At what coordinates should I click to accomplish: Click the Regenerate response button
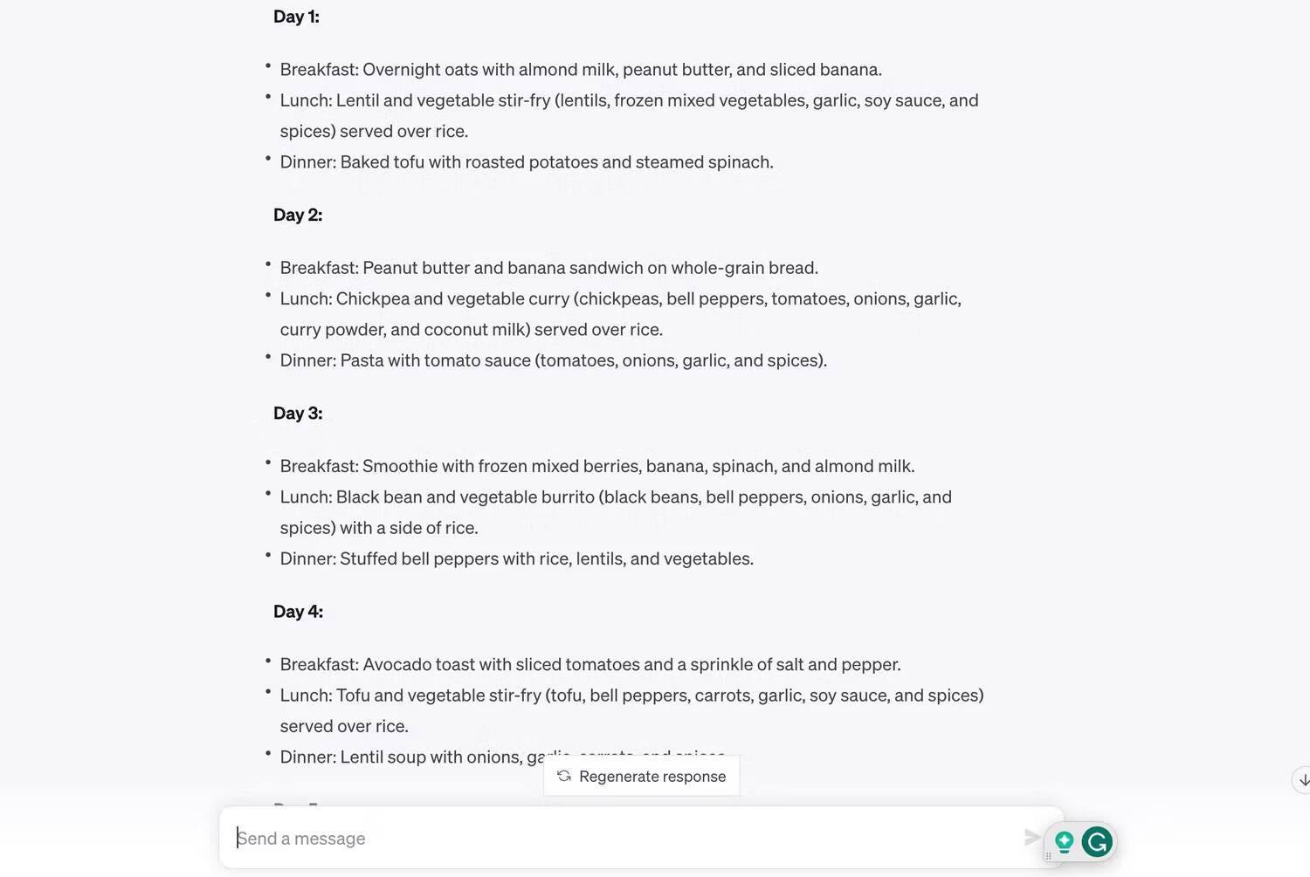point(642,776)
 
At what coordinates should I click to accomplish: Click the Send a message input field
point(611,838)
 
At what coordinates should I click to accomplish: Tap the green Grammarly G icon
point(1097,841)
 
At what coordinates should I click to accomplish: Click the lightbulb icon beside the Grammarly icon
point(1064,841)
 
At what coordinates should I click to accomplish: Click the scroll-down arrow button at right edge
point(1302,779)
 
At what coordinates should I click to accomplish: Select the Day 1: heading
point(296,17)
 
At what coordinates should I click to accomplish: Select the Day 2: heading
point(298,215)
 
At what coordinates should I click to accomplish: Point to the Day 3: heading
point(298,413)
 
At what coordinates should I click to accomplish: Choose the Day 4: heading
point(298,611)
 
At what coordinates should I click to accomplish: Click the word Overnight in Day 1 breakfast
point(401,70)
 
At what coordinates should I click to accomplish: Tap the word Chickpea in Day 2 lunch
point(372,298)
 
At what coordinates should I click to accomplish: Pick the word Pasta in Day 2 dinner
point(362,360)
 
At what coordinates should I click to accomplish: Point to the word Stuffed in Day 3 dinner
point(369,558)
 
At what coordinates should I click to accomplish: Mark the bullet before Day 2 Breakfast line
point(268,264)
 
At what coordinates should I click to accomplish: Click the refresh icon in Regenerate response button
point(564,776)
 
